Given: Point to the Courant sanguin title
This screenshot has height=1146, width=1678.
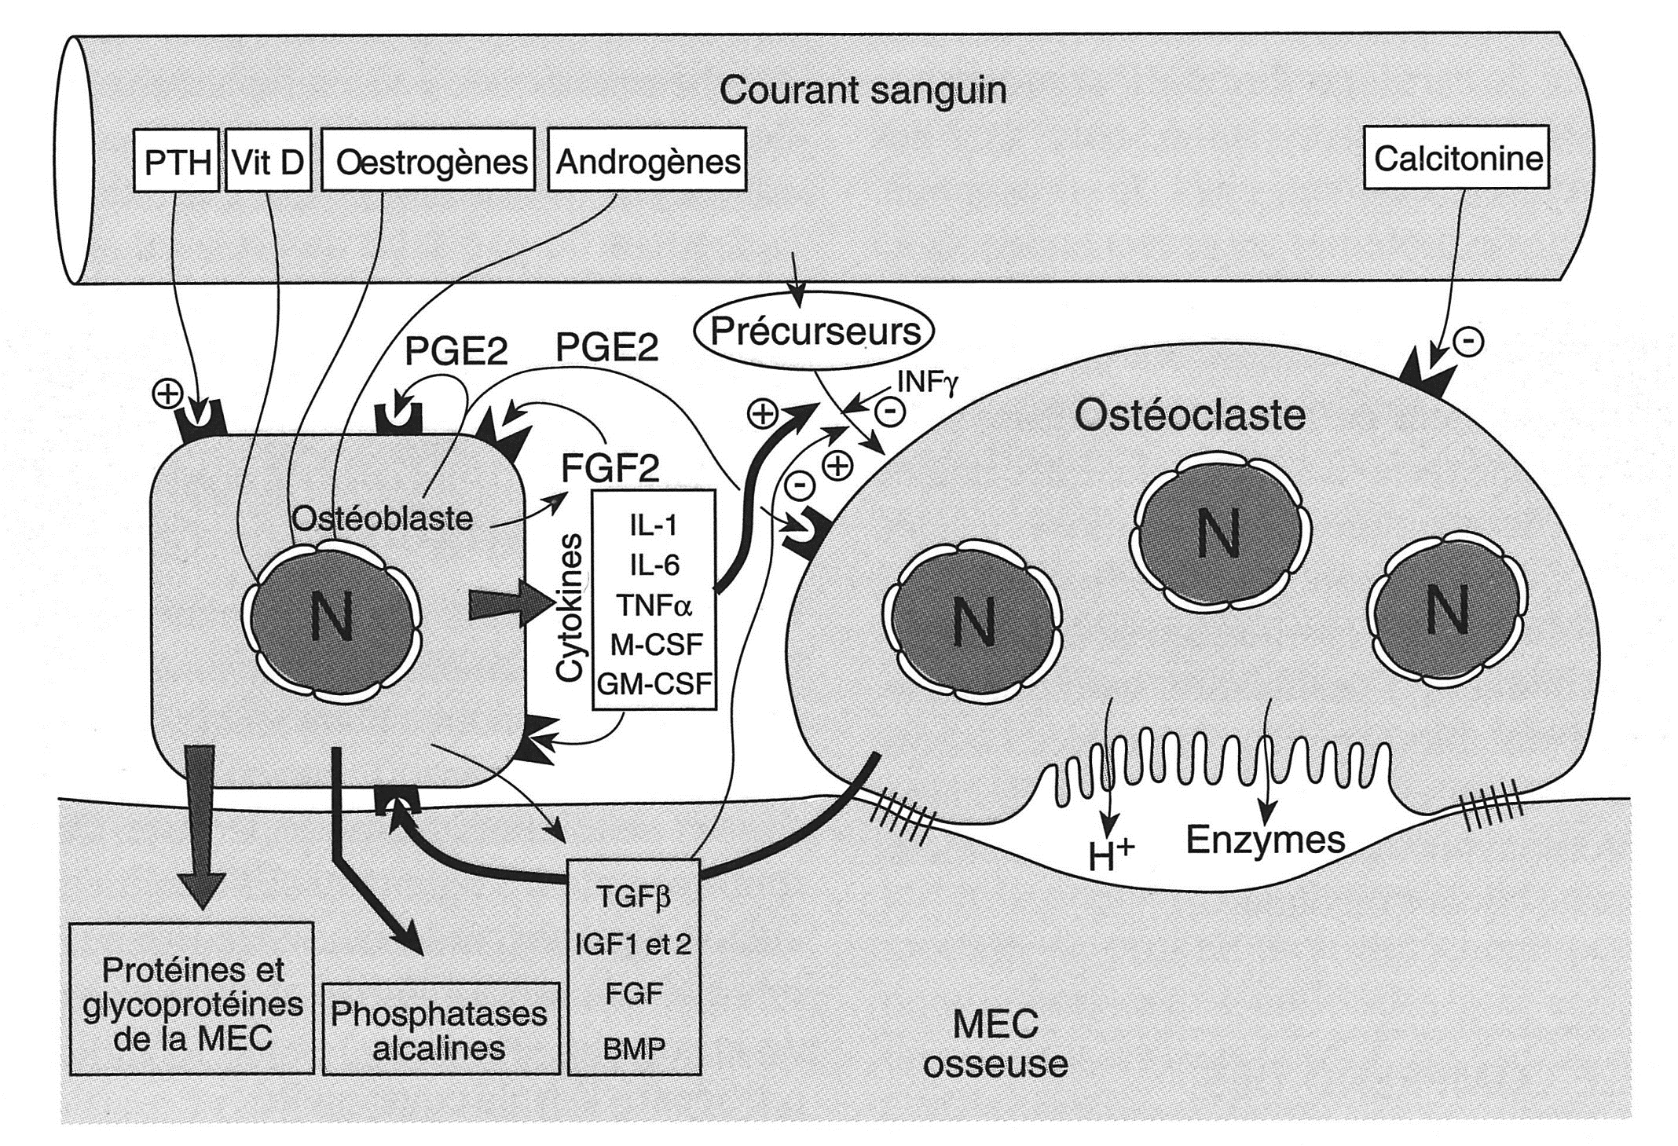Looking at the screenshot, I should [863, 90].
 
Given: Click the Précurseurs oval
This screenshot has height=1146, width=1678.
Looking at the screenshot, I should [815, 331].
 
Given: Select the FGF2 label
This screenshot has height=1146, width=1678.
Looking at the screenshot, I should [610, 469].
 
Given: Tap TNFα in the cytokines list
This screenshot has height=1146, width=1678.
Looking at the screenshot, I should [654, 606].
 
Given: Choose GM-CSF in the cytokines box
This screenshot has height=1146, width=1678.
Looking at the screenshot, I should [654, 684].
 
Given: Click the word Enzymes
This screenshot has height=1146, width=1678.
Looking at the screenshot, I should [1265, 839].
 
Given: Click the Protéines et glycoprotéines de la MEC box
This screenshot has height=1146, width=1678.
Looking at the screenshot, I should [192, 1005].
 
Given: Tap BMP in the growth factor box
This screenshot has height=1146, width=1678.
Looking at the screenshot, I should [633, 1048].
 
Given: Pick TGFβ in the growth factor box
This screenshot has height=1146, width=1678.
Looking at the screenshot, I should [633, 896].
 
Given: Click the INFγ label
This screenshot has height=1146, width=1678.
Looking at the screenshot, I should [926, 385].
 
